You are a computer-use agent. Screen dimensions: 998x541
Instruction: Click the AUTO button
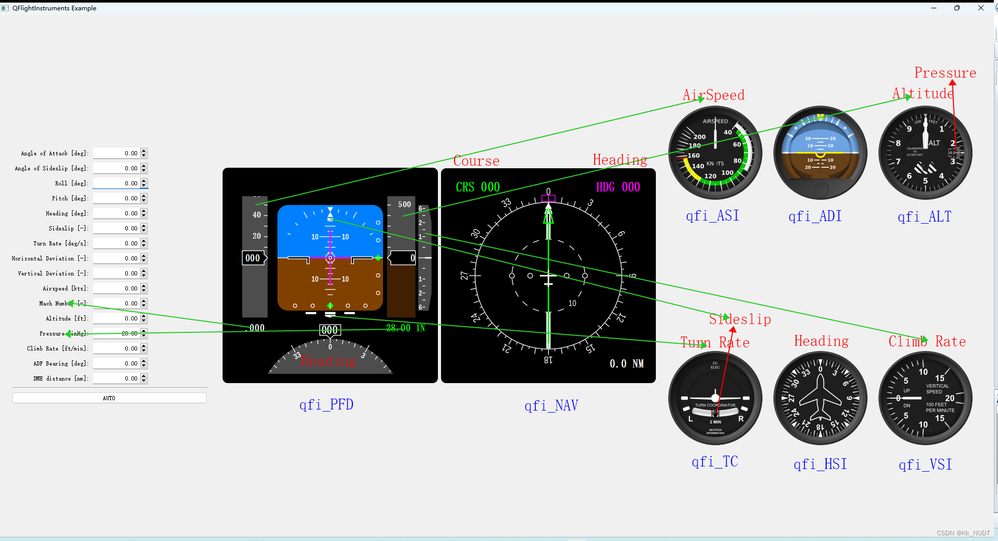109,398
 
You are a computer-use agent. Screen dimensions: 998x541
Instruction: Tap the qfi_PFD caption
326,404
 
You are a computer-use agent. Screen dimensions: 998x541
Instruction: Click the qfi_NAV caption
551,405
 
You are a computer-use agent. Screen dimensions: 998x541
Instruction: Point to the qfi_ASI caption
712,216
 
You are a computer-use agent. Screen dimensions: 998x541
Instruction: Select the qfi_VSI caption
925,464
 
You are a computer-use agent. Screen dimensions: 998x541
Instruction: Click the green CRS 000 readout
477,187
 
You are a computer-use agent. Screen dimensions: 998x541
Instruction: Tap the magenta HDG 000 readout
618,187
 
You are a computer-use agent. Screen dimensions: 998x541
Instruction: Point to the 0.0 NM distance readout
626,363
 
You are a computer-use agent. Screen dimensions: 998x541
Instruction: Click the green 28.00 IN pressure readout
405,328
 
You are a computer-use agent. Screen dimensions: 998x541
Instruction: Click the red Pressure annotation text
945,73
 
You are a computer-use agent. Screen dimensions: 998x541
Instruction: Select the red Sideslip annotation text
740,319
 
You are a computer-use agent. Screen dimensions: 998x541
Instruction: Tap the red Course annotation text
476,161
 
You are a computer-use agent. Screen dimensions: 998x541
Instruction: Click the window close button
980,8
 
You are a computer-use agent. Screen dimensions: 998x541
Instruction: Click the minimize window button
934,8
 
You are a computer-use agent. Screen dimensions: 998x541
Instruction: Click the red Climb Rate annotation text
927,342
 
